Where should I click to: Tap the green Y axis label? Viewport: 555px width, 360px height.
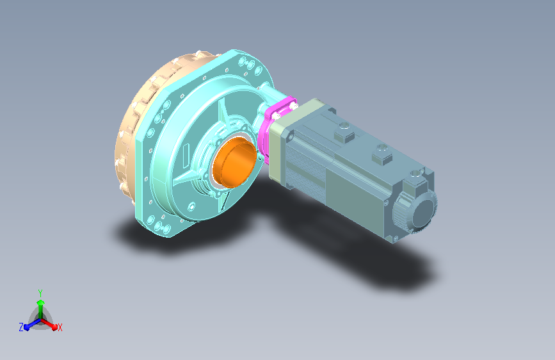pyautogui.click(x=40, y=293)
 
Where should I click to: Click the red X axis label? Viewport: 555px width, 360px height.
pyautogui.click(x=60, y=328)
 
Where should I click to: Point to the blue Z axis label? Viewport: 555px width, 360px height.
pyautogui.click(x=21, y=327)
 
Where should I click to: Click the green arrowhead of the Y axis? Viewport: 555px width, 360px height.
pyautogui.click(x=41, y=302)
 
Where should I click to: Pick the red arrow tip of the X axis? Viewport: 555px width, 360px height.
pyautogui.click(x=54, y=327)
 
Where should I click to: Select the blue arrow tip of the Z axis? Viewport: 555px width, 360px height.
pyautogui.click(x=27, y=327)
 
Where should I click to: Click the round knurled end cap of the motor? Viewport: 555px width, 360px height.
pyautogui.click(x=415, y=211)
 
